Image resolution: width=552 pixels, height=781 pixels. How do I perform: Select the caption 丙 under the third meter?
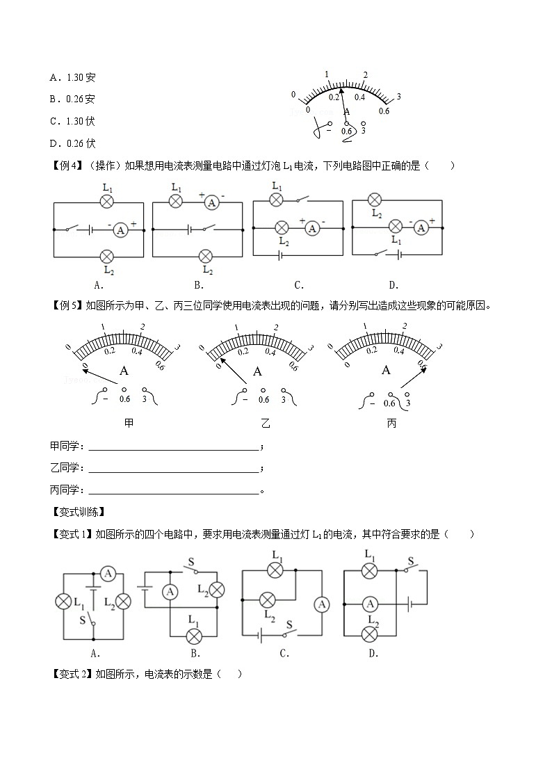click(391, 423)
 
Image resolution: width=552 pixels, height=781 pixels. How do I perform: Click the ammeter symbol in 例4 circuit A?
click(120, 229)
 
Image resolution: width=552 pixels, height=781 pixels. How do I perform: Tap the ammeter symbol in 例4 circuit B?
click(212, 202)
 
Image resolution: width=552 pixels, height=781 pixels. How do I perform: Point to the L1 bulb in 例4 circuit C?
click(277, 200)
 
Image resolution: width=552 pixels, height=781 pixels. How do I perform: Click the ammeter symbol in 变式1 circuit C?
click(322, 604)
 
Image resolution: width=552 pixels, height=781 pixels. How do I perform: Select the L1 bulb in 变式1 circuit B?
click(195, 635)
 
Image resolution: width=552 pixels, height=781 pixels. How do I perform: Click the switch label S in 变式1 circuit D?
click(411, 561)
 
